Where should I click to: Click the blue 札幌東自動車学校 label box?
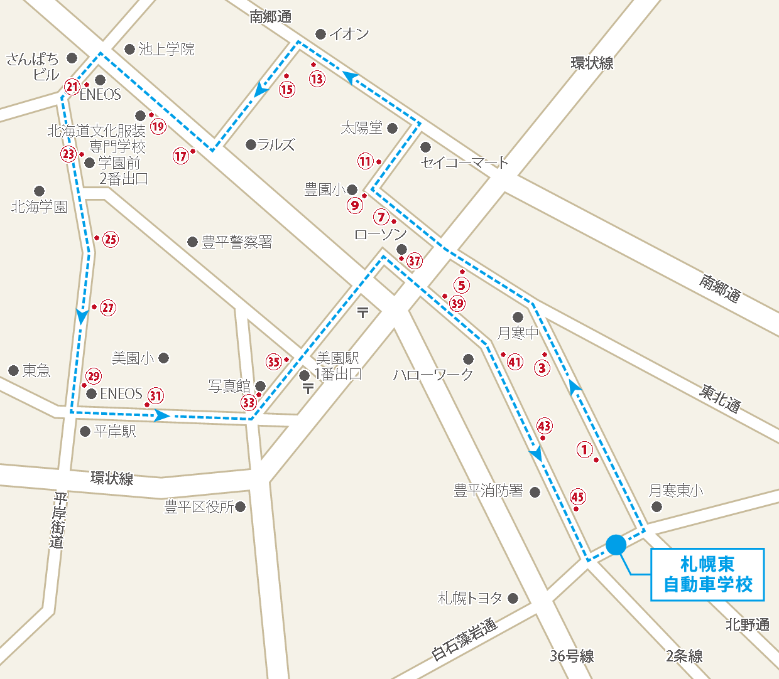tap(707, 574)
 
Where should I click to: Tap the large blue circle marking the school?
tap(616, 545)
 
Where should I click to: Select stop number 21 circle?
tap(72, 87)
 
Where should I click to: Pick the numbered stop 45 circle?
tap(577, 497)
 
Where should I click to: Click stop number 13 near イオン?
tap(317, 78)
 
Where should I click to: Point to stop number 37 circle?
tap(415, 260)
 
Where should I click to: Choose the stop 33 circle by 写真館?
tap(249, 402)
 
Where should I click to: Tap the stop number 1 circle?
tap(584, 449)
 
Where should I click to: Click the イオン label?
tap(349, 34)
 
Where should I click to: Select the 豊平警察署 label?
tap(237, 242)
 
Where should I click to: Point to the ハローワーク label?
tap(433, 375)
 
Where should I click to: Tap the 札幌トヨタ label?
tap(470, 598)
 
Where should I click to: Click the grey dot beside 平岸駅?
tap(85, 431)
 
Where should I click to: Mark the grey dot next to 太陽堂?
tap(393, 129)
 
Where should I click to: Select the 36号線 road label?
tap(572, 656)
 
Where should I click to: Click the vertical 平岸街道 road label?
tap(58, 520)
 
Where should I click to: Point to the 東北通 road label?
tap(720, 398)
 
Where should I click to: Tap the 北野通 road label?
tap(747, 624)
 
